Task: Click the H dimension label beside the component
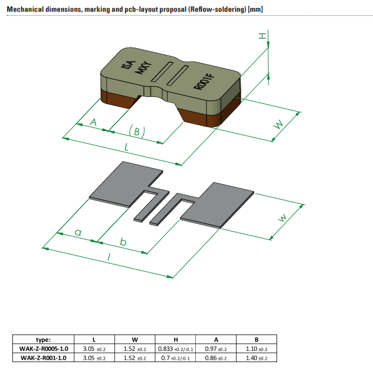[262, 36]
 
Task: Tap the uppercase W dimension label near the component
[279, 123]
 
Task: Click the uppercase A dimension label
[92, 122]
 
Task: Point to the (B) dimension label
[136, 132]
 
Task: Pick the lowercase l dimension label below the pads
[109, 257]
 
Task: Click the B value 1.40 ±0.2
[257, 357]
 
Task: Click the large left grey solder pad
[124, 183]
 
